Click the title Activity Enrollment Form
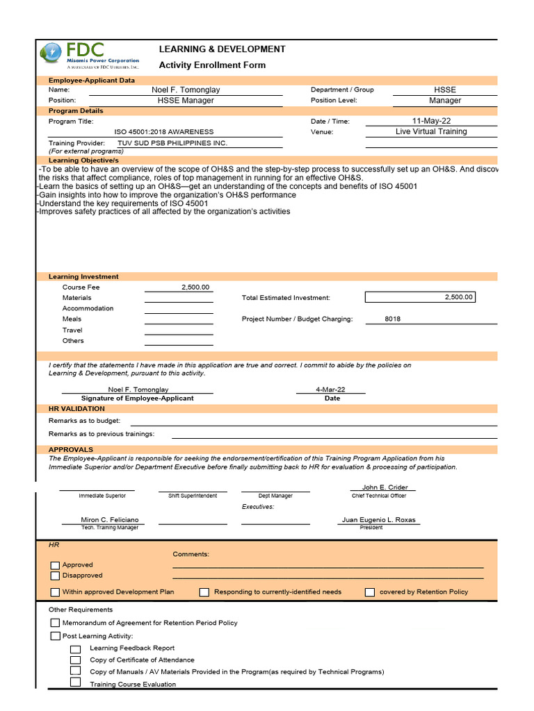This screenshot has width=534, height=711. click(212, 65)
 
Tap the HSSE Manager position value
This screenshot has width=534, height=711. click(186, 100)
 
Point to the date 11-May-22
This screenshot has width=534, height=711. click(431, 121)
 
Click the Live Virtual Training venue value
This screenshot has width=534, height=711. click(431, 131)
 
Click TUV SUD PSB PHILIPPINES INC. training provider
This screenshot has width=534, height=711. click(172, 143)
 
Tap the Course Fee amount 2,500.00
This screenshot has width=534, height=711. click(195, 287)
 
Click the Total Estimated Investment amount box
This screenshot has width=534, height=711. click(420, 297)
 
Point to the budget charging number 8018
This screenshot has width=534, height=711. click(392, 319)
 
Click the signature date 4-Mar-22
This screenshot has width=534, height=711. click(330, 390)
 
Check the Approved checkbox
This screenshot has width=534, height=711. click(55, 565)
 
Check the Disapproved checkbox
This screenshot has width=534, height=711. click(55, 576)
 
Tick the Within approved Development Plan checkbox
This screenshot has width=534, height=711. click(55, 592)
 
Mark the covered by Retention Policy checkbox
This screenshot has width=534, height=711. click(370, 592)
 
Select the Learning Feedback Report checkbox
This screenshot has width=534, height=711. click(76, 649)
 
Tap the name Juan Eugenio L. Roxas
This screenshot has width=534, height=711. click(379, 519)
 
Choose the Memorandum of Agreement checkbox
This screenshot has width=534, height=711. click(55, 624)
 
